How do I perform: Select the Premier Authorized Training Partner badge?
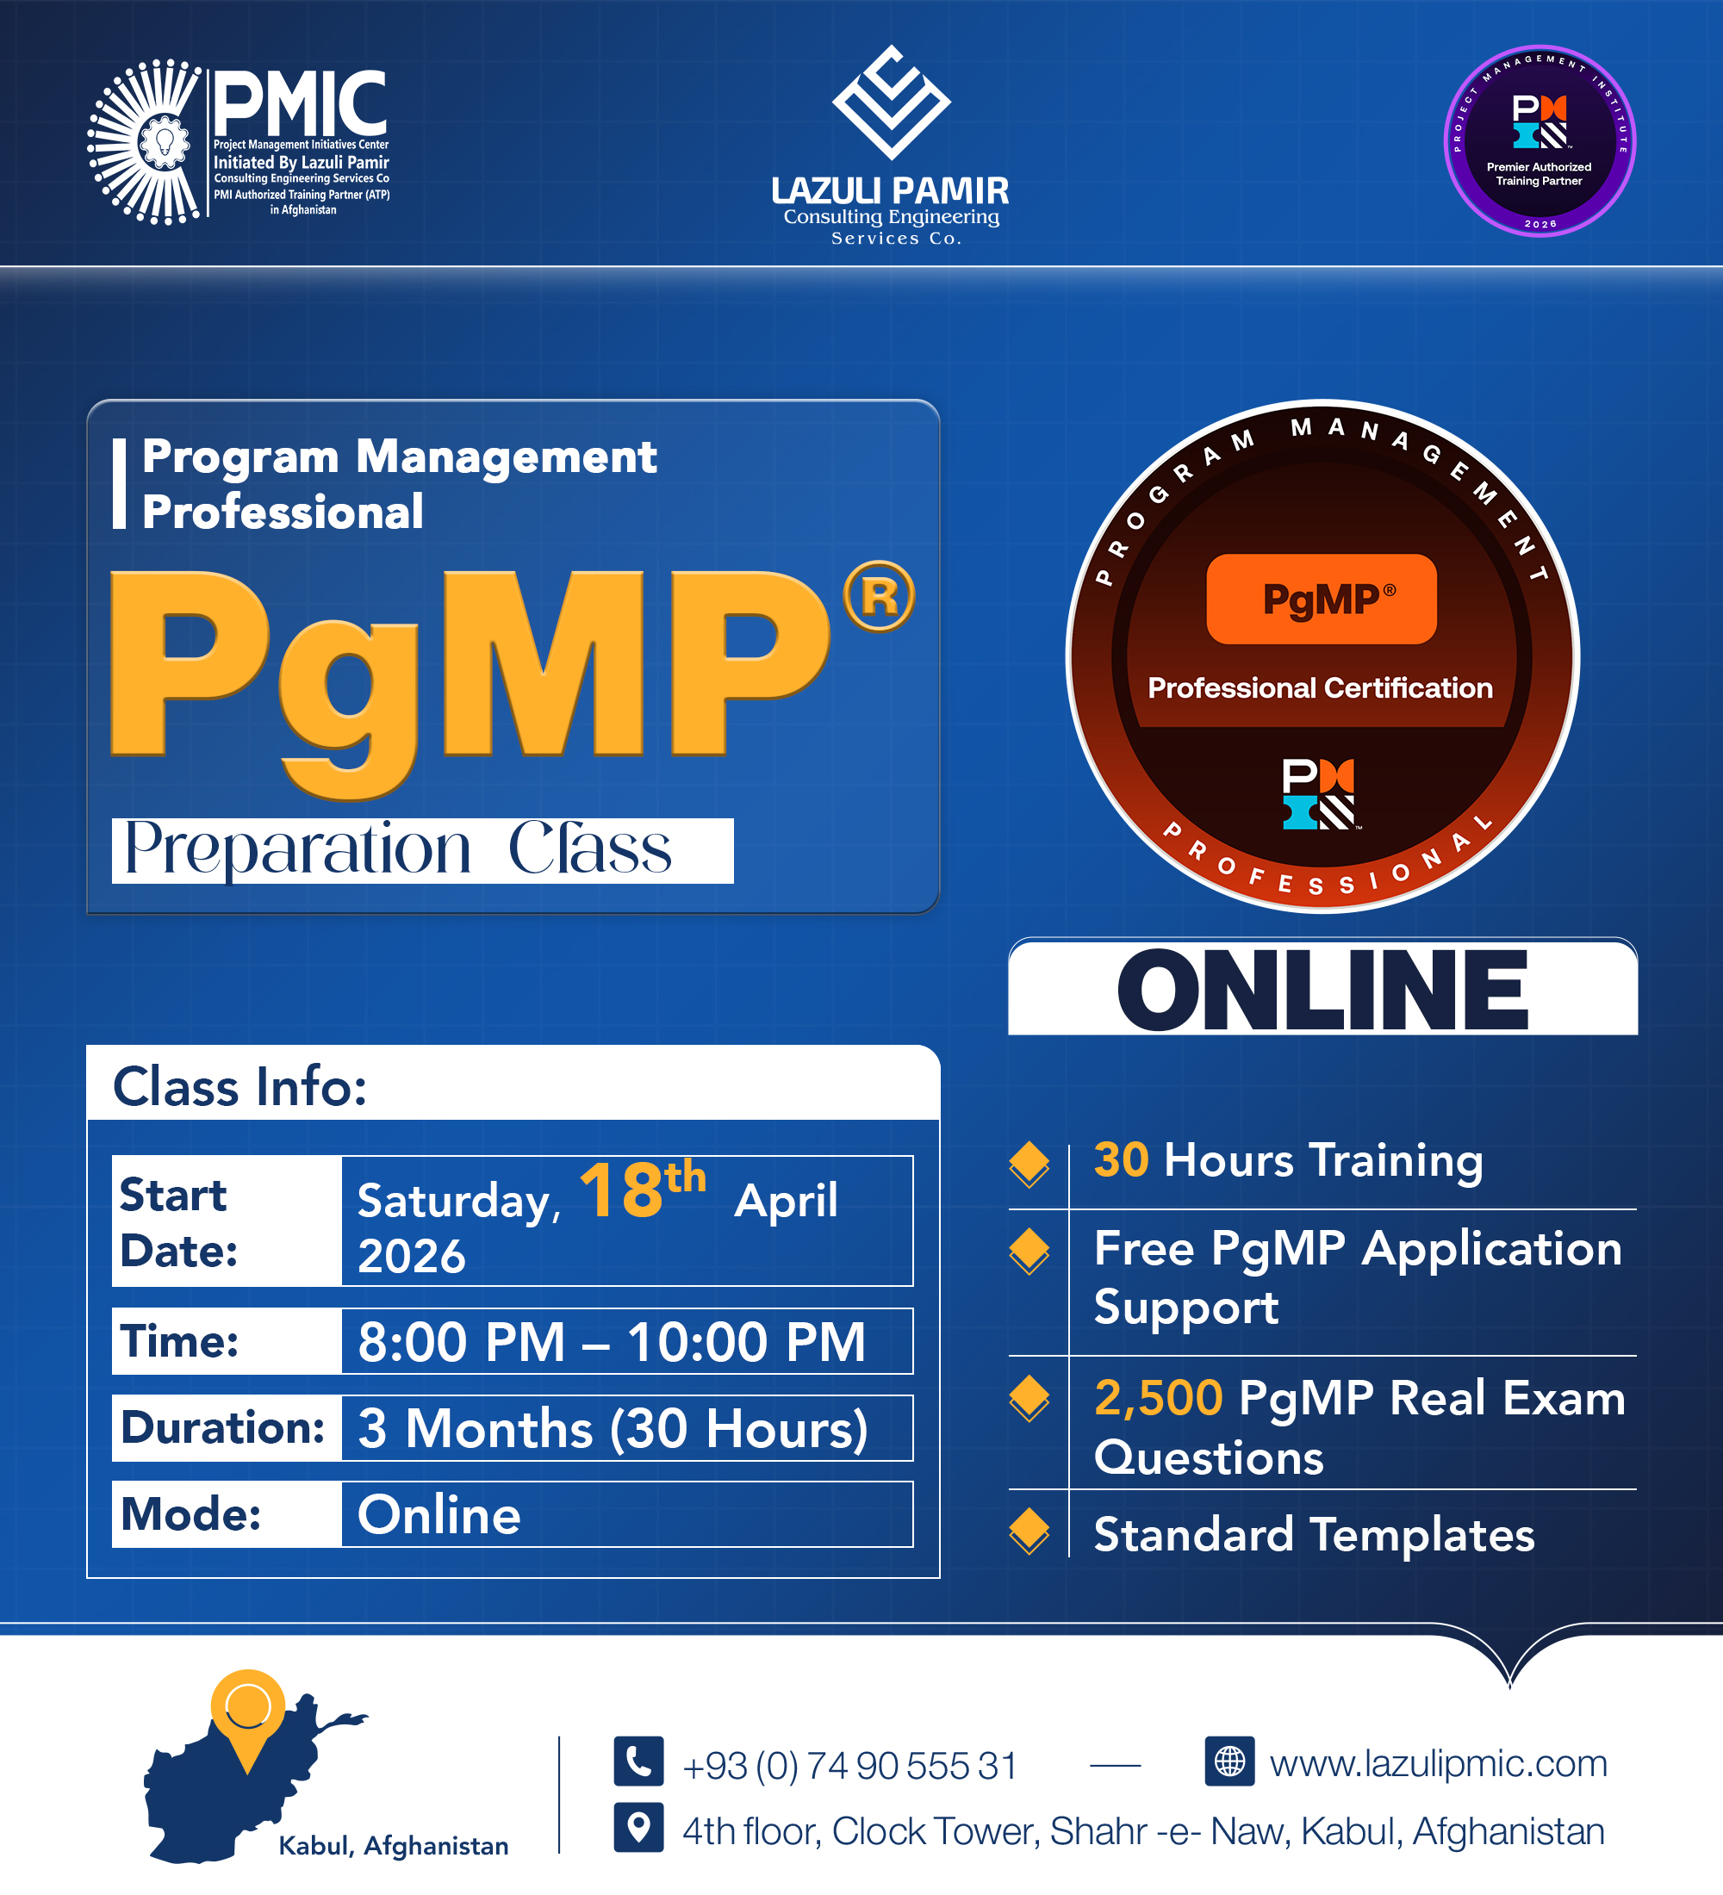click(1539, 141)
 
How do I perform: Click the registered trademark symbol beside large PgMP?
click(878, 596)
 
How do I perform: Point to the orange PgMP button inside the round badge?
click(1321, 599)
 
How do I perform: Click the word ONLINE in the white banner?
click(1322, 990)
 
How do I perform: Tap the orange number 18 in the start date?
click(621, 1191)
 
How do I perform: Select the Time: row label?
click(179, 1340)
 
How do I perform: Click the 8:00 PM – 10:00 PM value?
click(611, 1341)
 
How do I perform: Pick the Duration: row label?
click(223, 1427)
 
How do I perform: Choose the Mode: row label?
click(190, 1513)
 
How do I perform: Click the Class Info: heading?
click(239, 1087)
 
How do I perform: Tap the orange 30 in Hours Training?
click(1121, 1159)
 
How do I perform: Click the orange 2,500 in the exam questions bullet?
click(1158, 1398)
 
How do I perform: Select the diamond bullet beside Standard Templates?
click(1029, 1531)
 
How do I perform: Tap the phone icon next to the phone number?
click(638, 1761)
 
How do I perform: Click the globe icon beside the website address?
click(1228, 1761)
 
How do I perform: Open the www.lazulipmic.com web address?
click(1438, 1763)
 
